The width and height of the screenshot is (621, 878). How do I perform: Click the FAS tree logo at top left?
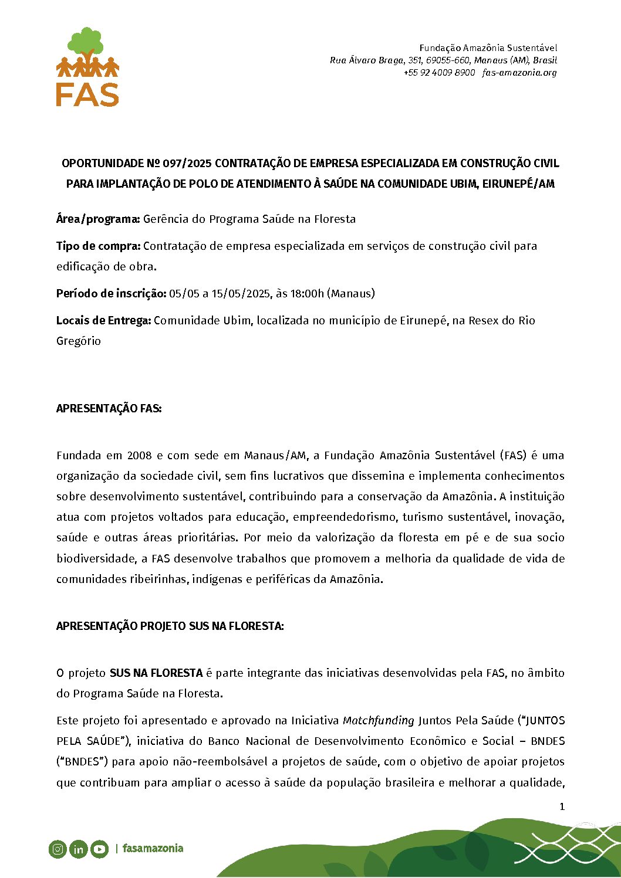click(x=87, y=66)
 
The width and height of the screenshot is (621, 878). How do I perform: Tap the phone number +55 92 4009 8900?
click(x=439, y=73)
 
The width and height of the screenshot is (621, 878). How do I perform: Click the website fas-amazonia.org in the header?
click(x=519, y=73)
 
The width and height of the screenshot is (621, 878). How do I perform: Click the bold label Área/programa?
click(x=98, y=219)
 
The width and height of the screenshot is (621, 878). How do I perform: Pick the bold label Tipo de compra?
click(x=98, y=246)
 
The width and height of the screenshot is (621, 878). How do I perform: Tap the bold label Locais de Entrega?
click(x=103, y=320)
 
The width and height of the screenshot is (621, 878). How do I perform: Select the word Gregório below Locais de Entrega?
click(x=79, y=341)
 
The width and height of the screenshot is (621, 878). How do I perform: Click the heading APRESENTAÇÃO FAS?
click(x=109, y=408)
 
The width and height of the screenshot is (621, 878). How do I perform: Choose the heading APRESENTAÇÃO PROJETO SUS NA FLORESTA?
click(x=170, y=626)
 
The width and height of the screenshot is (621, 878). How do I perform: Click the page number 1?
click(x=562, y=806)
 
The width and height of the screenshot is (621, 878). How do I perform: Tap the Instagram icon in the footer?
click(x=58, y=849)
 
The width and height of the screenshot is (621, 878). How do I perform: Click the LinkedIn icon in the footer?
click(x=78, y=849)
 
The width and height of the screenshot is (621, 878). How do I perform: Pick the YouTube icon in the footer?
click(x=99, y=849)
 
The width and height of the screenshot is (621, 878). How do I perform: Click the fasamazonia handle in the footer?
click(x=153, y=848)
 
